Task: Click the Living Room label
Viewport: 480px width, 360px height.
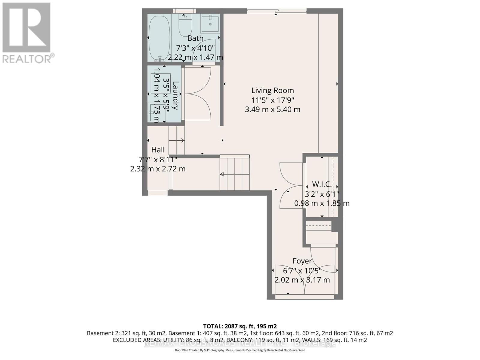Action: tap(272, 90)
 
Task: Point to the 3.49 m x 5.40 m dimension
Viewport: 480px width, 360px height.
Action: tap(272, 109)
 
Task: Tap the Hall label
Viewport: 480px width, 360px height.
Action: tap(158, 150)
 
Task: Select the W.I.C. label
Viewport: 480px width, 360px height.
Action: tap(322, 184)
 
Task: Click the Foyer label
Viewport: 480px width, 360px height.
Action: tap(302, 261)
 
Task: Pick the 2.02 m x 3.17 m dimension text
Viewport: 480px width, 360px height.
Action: tap(302, 280)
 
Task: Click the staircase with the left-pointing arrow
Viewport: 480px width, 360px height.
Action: tap(235, 174)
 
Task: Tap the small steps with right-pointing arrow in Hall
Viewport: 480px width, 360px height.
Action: tap(176, 140)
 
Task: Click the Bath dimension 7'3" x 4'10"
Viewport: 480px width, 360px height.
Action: tap(195, 48)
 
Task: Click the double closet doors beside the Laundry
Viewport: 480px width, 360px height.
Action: tap(198, 94)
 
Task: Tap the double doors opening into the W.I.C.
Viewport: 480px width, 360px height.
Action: tap(290, 185)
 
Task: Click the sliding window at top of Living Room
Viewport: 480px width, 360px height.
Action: tap(277, 11)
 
